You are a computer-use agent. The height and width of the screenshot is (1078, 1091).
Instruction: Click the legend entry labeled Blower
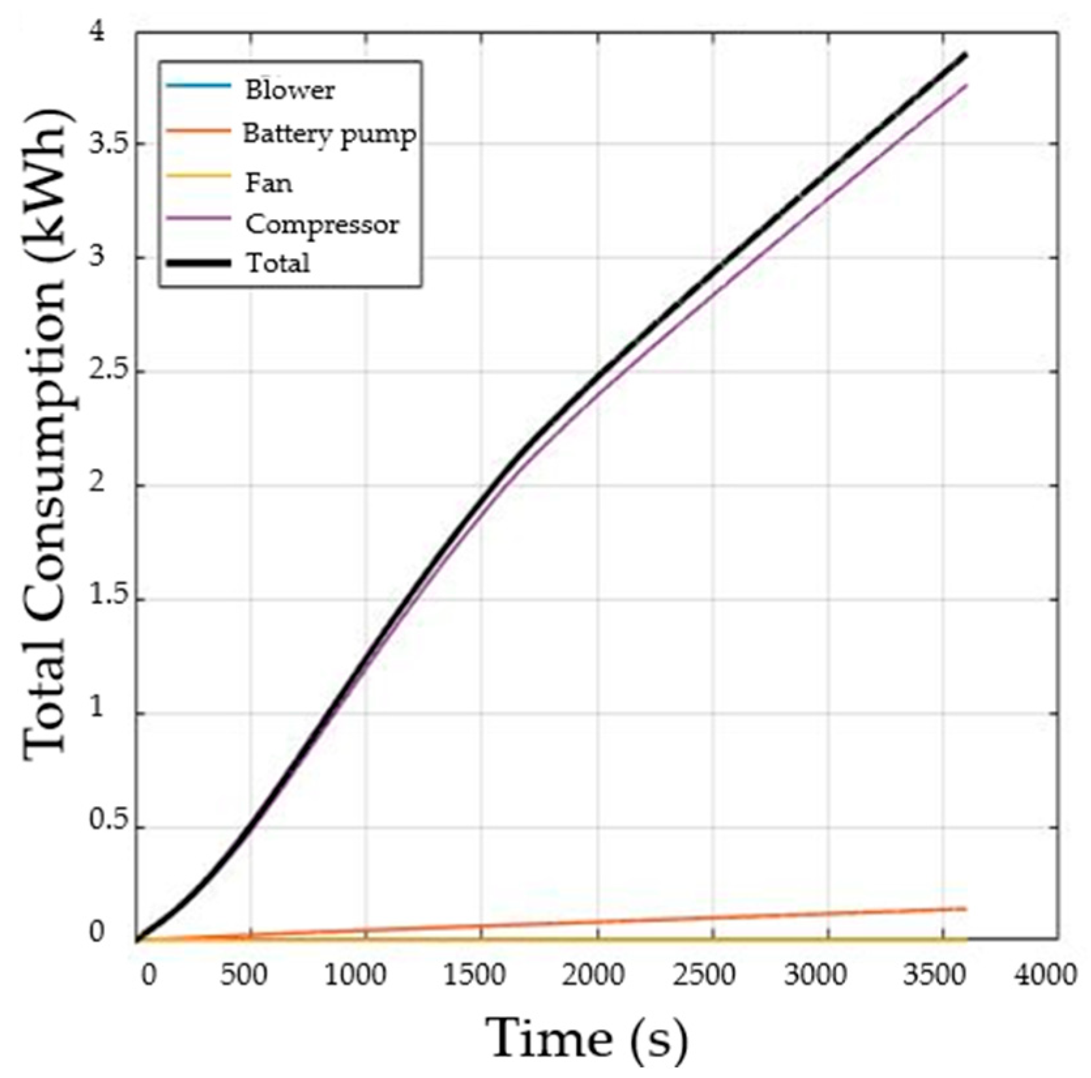[x=290, y=89]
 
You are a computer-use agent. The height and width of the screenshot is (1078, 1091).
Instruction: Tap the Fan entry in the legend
[x=268, y=183]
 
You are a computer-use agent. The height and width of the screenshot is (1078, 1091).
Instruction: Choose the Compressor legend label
[x=322, y=224]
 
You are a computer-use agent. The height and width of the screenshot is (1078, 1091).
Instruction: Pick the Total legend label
[x=277, y=263]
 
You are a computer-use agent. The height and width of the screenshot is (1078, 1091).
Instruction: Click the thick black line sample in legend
[x=198, y=263]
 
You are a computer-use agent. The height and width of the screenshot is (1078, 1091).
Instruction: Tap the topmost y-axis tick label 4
[x=98, y=33]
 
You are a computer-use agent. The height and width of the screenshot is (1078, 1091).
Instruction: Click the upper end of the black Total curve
[x=965, y=55]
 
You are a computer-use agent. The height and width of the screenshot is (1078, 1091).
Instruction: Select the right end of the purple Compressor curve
[x=965, y=85]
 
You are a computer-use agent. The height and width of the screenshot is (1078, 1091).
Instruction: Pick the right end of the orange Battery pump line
[x=965, y=908]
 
